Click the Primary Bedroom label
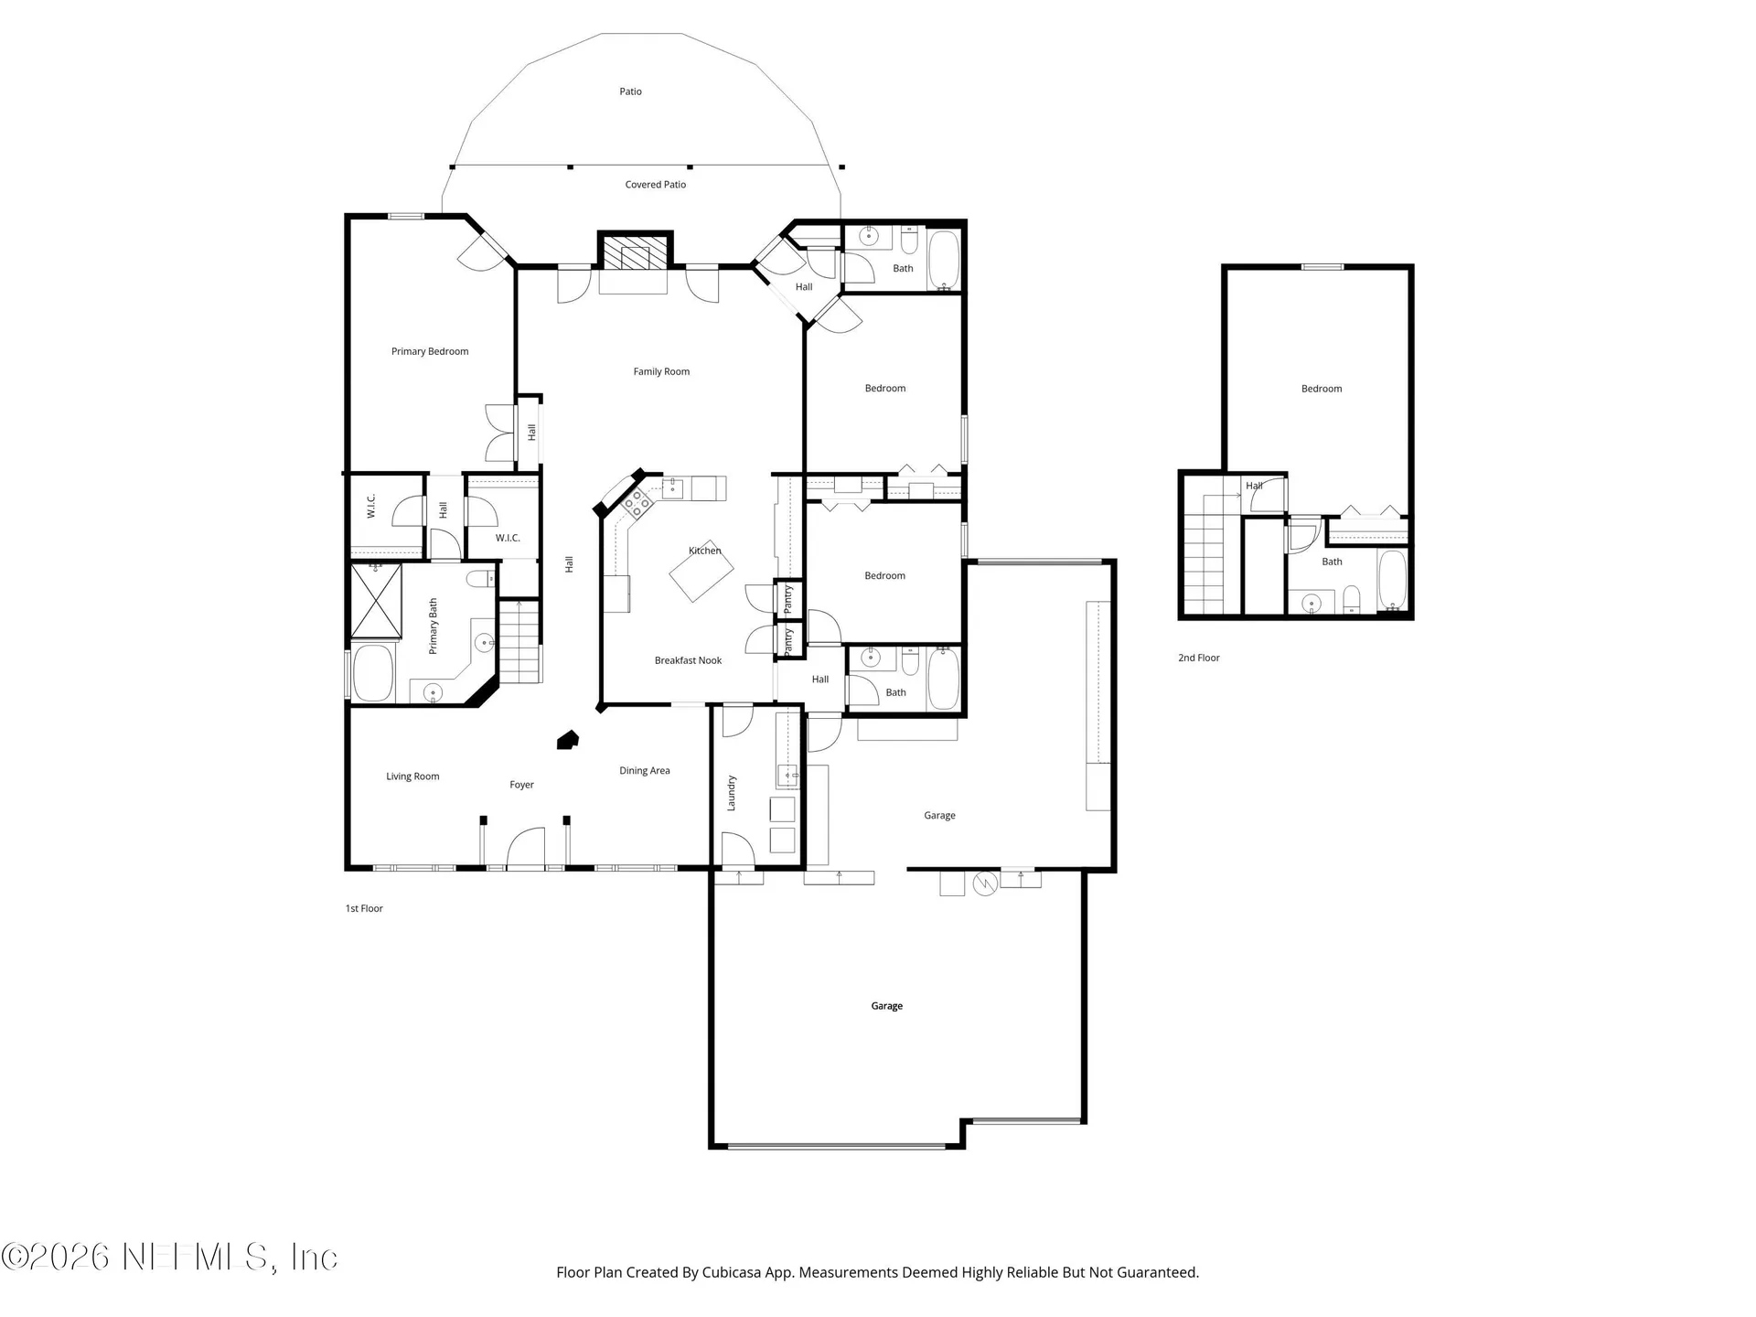(x=430, y=351)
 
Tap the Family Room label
(x=661, y=371)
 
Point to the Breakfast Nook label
(x=688, y=660)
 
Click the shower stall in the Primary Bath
(x=376, y=601)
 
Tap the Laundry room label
(x=731, y=792)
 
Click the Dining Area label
(x=644, y=771)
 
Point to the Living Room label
(x=412, y=776)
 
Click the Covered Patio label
(x=655, y=185)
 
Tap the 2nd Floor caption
(x=1198, y=658)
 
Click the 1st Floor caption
(x=364, y=908)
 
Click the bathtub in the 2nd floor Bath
(x=1392, y=580)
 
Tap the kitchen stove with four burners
(x=636, y=500)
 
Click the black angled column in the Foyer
(x=568, y=740)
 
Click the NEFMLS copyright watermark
(x=169, y=1257)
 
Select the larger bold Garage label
(x=886, y=1006)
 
